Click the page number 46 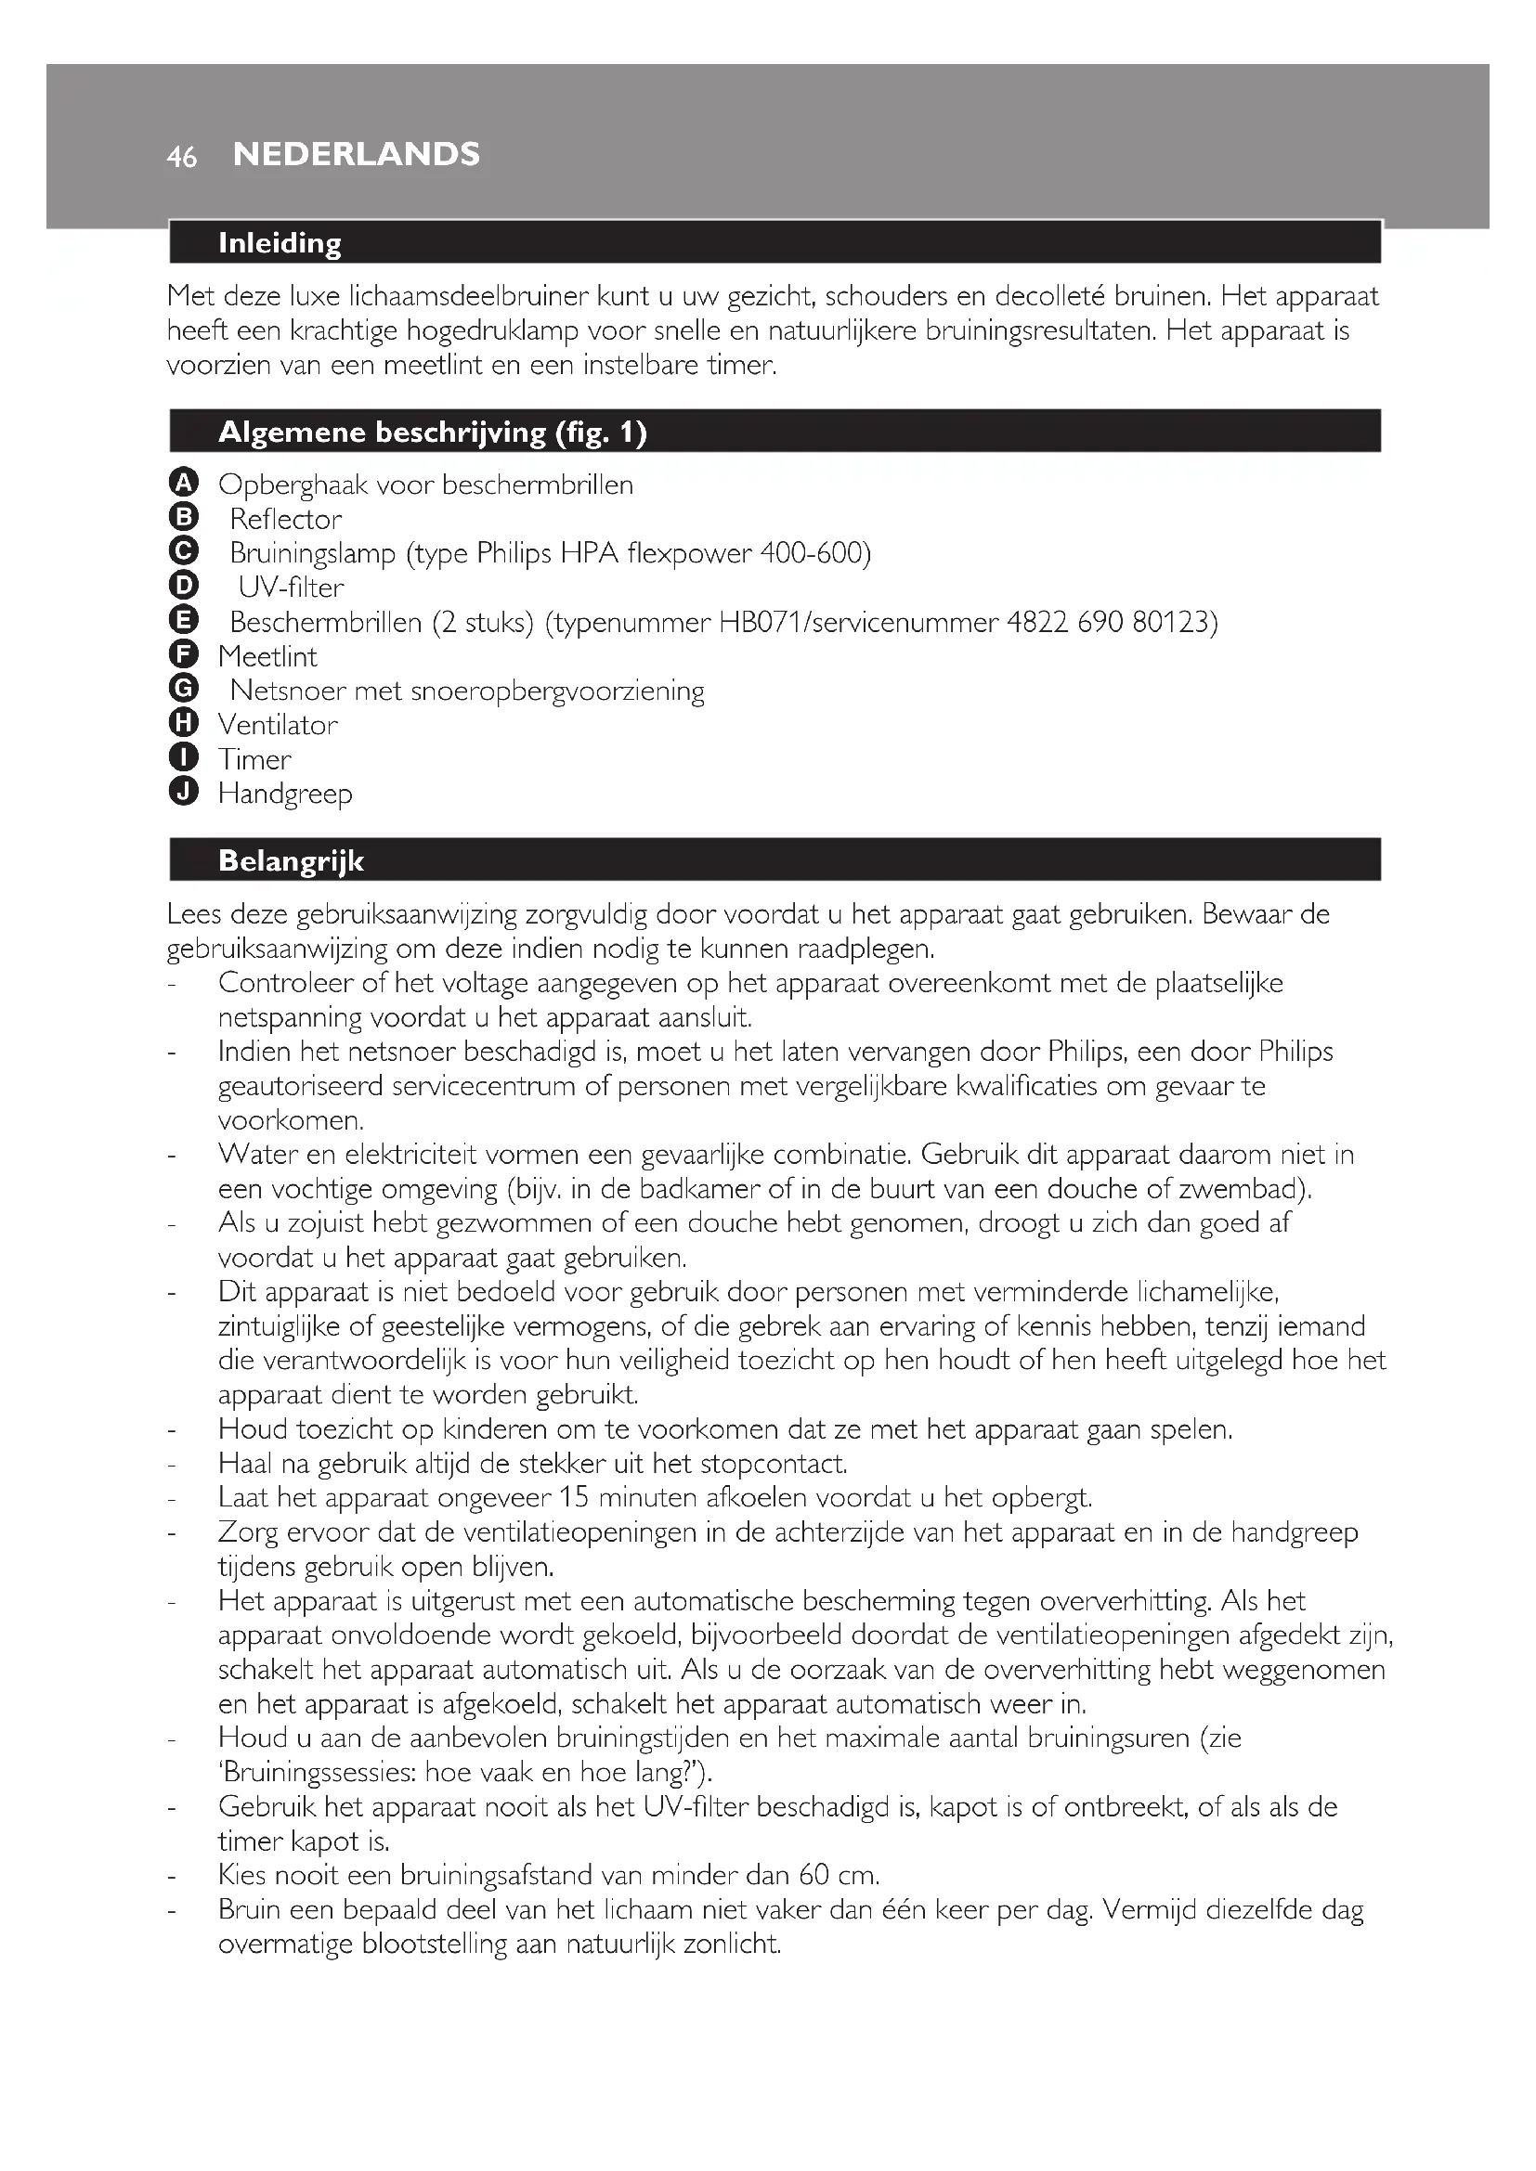pyautogui.click(x=182, y=157)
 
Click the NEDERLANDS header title pyautogui.click(x=357, y=154)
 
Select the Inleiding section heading pyautogui.click(x=280, y=243)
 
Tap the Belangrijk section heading pyautogui.click(x=292, y=860)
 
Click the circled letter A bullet pyautogui.click(x=184, y=484)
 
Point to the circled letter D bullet pyautogui.click(x=184, y=587)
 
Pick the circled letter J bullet pyautogui.click(x=184, y=792)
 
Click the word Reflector pyautogui.click(x=286, y=519)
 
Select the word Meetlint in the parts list pyautogui.click(x=267, y=656)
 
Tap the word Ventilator pyautogui.click(x=278, y=725)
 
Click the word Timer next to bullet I pyautogui.click(x=254, y=759)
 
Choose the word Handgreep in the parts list pyautogui.click(x=285, y=795)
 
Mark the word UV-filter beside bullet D pyautogui.click(x=291, y=588)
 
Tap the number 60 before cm pyautogui.click(x=814, y=1874)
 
